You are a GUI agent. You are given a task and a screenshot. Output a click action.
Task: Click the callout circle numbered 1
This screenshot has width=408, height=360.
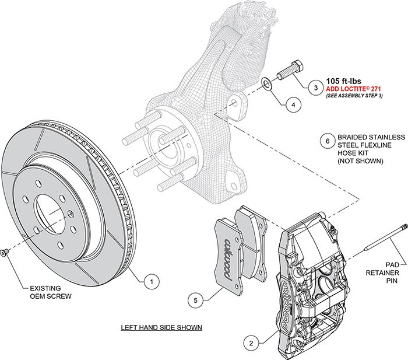(x=151, y=281)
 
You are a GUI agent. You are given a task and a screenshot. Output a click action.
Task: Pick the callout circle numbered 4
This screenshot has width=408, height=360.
(x=293, y=104)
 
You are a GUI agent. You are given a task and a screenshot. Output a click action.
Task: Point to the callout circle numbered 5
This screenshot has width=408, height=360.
(x=196, y=300)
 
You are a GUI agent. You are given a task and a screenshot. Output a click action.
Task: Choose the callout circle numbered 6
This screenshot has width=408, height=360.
(x=328, y=141)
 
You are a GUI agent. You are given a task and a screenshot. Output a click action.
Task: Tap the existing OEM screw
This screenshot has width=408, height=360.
(x=4, y=252)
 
